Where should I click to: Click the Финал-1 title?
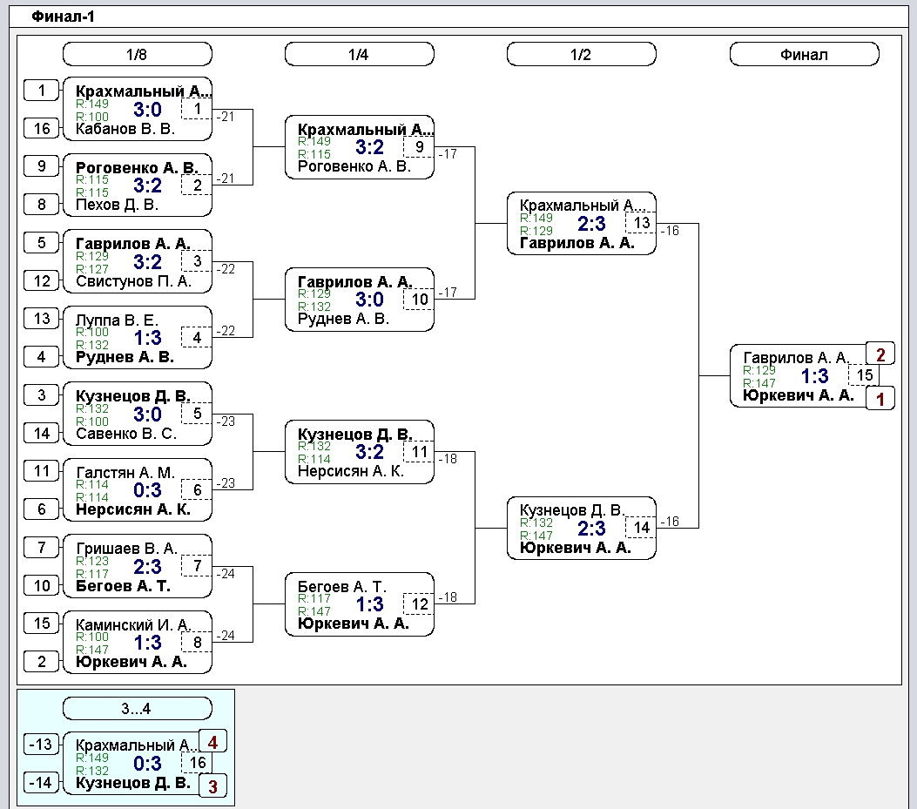[63, 17]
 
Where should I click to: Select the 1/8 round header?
[137, 54]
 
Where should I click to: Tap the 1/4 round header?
[359, 54]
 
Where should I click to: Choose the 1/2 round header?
[582, 54]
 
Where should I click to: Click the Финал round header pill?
[804, 54]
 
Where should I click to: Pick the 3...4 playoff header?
[137, 708]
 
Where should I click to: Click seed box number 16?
[42, 128]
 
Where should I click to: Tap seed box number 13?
[42, 318]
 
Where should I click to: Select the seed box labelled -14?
[42, 782]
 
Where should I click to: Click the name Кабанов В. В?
[125, 129]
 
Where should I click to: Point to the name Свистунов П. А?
[133, 281]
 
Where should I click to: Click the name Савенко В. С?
[125, 434]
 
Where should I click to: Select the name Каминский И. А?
[133, 624]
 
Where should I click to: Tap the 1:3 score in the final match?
[814, 376]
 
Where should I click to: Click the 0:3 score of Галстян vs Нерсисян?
[147, 490]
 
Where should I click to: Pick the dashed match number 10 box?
[420, 300]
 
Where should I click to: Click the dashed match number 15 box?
[864, 375]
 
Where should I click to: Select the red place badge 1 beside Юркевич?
[880, 399]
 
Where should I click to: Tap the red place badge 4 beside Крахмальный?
[212, 742]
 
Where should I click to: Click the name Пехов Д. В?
[117, 205]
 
